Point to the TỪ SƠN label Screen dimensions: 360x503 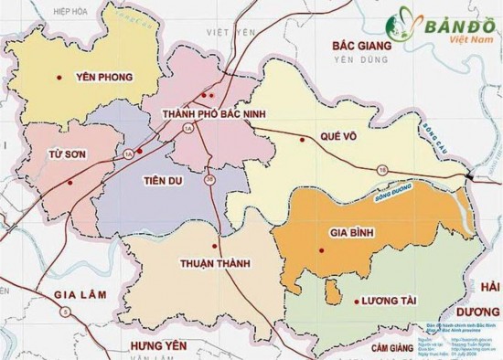coord(67,155)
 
